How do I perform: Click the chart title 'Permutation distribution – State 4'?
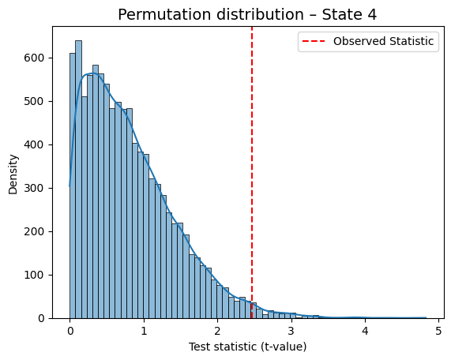pos(247,14)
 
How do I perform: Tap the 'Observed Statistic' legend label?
pos(383,41)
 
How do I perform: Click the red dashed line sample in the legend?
pos(314,41)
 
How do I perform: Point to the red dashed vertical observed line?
pos(252,173)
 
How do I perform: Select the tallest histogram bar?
pos(78,179)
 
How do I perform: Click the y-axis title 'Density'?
pos(13,174)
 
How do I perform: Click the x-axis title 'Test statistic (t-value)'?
pos(247,347)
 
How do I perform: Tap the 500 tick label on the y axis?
pos(34,102)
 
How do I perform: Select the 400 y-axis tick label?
pos(34,145)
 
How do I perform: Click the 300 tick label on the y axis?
pos(34,189)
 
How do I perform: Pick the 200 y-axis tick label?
pos(34,232)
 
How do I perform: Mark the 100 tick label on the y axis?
pos(34,276)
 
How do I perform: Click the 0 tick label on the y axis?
pos(41,319)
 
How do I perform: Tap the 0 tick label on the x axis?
pos(70,332)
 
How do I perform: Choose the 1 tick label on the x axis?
pos(144,332)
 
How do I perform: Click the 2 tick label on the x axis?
pos(217,332)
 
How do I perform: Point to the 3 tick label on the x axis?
pos(291,332)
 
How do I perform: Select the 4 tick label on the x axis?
pos(365,332)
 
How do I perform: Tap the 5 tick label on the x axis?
pos(438,332)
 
